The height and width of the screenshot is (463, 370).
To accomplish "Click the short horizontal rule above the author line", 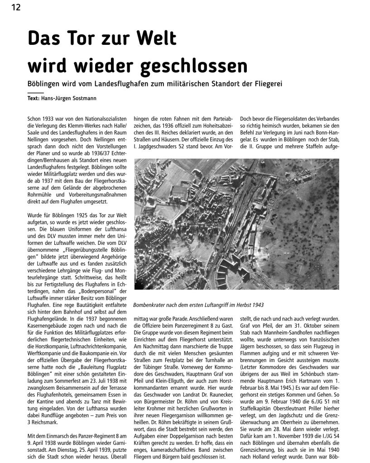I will (x=35, y=92).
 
